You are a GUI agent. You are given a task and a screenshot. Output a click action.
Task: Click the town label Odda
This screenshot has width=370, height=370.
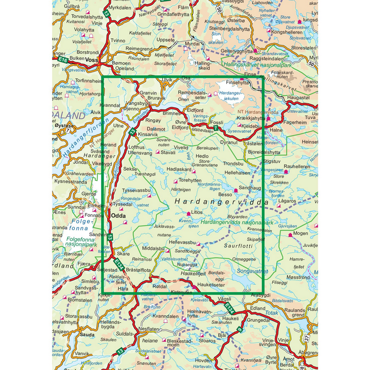click(x=118, y=215)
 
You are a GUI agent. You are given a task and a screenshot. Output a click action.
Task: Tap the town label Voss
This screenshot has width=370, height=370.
click(x=91, y=59)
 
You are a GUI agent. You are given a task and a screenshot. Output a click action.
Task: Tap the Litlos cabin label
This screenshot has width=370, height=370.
click(x=197, y=213)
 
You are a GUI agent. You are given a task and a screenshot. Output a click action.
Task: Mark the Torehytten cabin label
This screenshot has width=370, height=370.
click(x=191, y=180)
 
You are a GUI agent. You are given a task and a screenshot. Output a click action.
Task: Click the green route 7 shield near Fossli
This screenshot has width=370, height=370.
click(x=216, y=129)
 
